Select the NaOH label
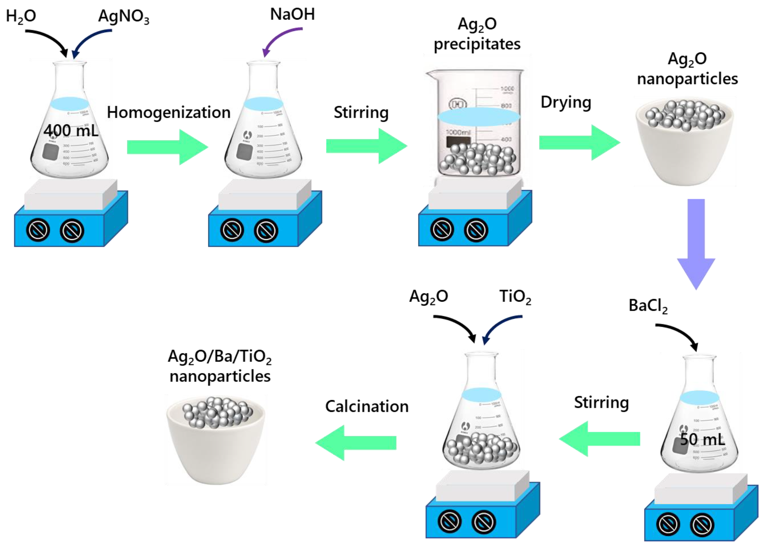292,14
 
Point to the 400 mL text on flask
71,130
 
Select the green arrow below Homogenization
167,147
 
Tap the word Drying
566,102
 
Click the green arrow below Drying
579,142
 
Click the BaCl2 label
648,305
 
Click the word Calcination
367,406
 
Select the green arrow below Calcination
356,443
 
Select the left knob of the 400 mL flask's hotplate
38,230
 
